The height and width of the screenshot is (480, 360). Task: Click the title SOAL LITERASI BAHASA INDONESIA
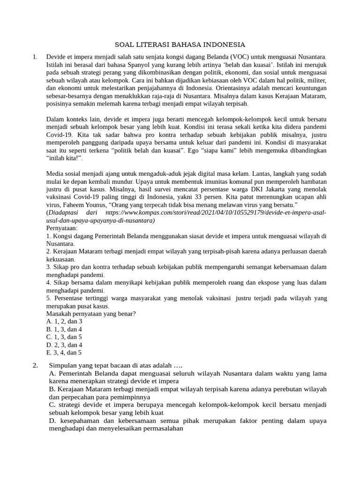[x=180, y=45]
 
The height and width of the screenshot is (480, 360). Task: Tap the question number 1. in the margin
[x=35, y=57]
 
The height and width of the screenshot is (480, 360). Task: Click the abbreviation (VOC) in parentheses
[x=223, y=57]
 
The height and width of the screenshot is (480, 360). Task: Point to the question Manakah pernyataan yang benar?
[x=91, y=314]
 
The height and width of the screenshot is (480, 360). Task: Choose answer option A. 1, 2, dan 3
[x=64, y=322]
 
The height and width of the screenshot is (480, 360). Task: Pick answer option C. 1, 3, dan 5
[x=64, y=337]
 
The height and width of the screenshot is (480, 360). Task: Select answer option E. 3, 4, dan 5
[x=64, y=352]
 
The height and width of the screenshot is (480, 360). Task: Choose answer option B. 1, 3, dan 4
[x=64, y=329]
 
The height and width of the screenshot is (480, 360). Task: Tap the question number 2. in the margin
[x=36, y=366]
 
